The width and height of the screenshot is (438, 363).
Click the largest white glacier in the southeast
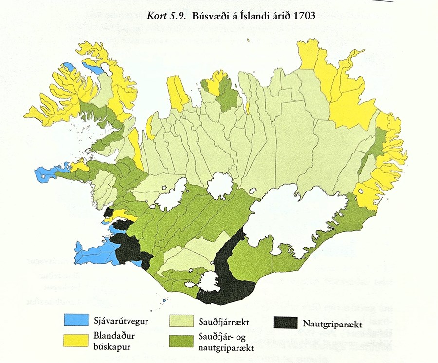(x=292, y=219)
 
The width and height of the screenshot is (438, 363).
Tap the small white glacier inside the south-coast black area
(x=209, y=282)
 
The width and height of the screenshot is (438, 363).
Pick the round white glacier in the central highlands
(x=220, y=186)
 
